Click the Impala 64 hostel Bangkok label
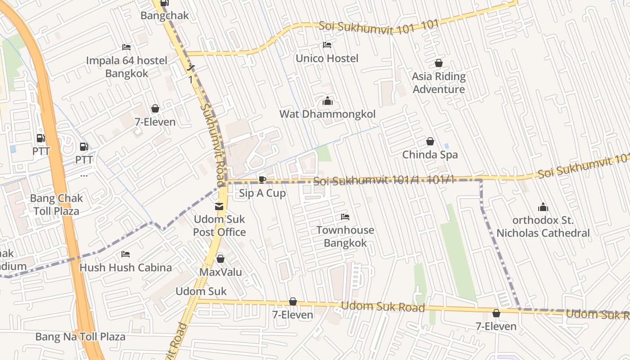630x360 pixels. [126, 67]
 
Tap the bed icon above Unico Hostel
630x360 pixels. [327, 45]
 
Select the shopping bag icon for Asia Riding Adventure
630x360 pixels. [438, 63]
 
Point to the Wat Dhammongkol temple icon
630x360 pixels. [328, 101]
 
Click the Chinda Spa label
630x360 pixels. [430, 155]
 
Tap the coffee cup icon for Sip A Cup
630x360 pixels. [262, 180]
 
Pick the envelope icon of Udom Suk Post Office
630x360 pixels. [219, 207]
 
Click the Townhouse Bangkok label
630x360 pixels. [345, 237]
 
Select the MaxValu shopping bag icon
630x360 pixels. [220, 259]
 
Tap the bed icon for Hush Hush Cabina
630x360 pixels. [126, 254]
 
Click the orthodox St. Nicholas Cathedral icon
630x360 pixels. [543, 207]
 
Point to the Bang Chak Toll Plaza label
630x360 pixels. [56, 205]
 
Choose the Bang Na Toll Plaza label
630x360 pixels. [81, 337]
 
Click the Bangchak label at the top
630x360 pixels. [165, 16]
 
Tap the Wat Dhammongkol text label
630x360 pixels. [328, 114]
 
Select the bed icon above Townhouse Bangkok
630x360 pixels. [345, 217]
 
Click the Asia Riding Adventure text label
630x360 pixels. [438, 83]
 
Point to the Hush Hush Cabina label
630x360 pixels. [126, 268]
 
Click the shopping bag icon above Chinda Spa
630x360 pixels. [430, 141]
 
